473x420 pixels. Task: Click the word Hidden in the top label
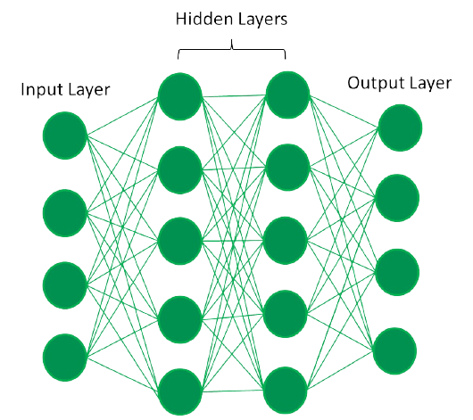(203, 19)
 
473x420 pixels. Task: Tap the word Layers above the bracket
(261, 20)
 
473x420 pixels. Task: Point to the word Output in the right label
(369, 83)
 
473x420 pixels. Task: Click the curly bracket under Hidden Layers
(232, 49)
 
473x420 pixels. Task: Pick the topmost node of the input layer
(65, 136)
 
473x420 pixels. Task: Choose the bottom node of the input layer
(65, 358)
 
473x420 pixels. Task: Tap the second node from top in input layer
(65, 213)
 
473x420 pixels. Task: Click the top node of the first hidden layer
(179, 96)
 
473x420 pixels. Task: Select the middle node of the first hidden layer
(179, 241)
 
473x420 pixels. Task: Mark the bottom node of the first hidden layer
(179, 391)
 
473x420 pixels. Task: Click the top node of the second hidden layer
(287, 95)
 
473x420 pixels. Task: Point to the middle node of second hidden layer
(285, 240)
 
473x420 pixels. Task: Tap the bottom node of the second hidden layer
(285, 391)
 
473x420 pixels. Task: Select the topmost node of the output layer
(400, 128)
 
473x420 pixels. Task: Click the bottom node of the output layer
(394, 351)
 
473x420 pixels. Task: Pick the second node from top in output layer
(397, 198)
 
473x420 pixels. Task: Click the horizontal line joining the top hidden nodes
(234, 96)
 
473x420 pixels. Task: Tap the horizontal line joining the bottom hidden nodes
(233, 391)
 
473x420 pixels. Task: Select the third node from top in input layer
(65, 285)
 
